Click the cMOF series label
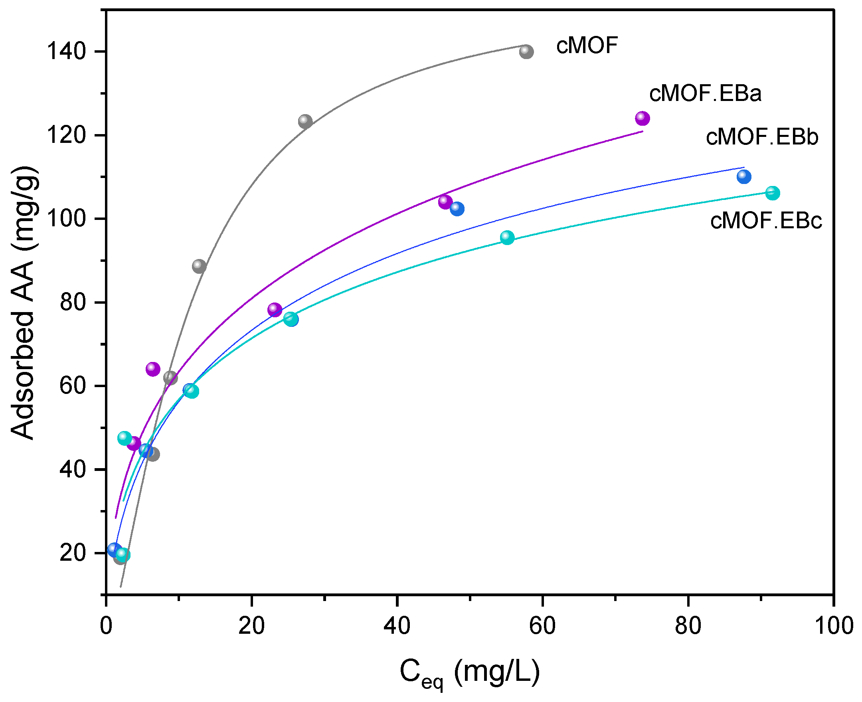[x=587, y=45]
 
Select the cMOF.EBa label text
[x=705, y=93]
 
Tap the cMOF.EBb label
[x=762, y=137]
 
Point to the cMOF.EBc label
[x=766, y=221]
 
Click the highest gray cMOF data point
[x=526, y=51]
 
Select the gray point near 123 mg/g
[x=305, y=121]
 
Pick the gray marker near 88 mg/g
[x=199, y=266]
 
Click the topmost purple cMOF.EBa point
[x=642, y=119]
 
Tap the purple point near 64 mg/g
[x=153, y=369]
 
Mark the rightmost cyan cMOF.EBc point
[x=772, y=193]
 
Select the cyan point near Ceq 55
[x=507, y=237]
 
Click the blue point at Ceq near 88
[x=743, y=176]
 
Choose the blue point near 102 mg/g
[x=457, y=209]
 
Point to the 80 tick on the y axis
[x=73, y=302]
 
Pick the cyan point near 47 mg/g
[x=125, y=438]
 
